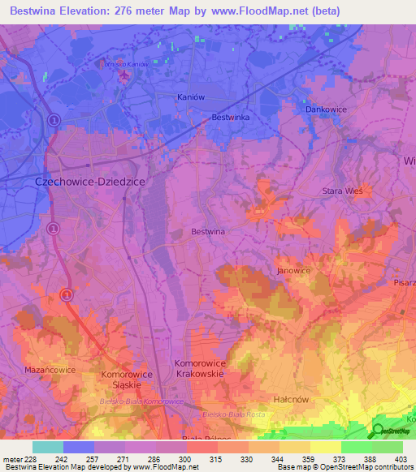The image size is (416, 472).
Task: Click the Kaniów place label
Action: point(189,97)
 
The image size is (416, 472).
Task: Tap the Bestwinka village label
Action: point(230,118)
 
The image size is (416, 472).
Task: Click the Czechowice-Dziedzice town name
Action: point(89,183)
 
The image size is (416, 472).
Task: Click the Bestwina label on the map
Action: point(208,231)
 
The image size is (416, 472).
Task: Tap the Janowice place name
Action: point(294,270)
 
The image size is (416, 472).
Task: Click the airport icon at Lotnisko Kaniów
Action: point(123,76)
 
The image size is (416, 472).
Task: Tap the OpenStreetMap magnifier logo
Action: point(378,431)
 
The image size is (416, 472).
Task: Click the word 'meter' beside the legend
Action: point(11,459)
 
